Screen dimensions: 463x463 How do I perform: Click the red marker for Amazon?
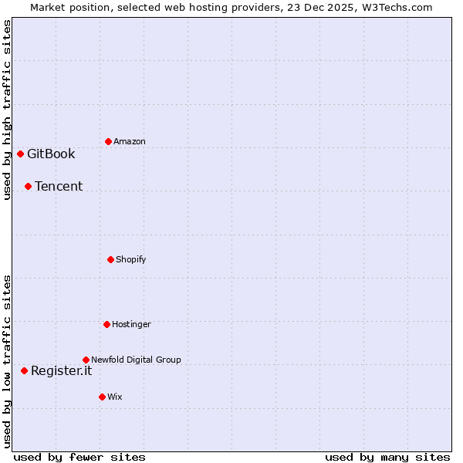(108, 141)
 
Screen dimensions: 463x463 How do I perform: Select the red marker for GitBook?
(20, 154)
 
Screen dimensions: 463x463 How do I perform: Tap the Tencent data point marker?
(28, 186)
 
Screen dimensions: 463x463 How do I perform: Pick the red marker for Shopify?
(110, 259)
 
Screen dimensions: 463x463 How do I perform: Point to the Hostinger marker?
(106, 324)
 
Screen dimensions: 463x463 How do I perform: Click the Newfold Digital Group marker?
(86, 360)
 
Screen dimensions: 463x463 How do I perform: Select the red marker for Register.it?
(24, 370)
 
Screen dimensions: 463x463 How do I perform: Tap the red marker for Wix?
(102, 397)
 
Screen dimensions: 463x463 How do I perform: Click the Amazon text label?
(130, 142)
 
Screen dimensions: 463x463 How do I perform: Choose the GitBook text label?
(51, 154)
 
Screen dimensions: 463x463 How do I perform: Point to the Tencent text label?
(59, 186)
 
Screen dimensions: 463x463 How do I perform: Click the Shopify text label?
(131, 259)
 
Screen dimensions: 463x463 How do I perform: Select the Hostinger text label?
(132, 324)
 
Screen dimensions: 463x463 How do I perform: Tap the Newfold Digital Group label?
(136, 360)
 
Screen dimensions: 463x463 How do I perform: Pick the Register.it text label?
(61, 370)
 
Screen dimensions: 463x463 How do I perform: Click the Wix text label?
(115, 397)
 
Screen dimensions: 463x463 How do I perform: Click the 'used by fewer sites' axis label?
(79, 457)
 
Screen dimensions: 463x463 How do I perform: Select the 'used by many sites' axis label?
(387, 457)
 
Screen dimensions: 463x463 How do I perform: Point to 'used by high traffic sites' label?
(7, 110)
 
